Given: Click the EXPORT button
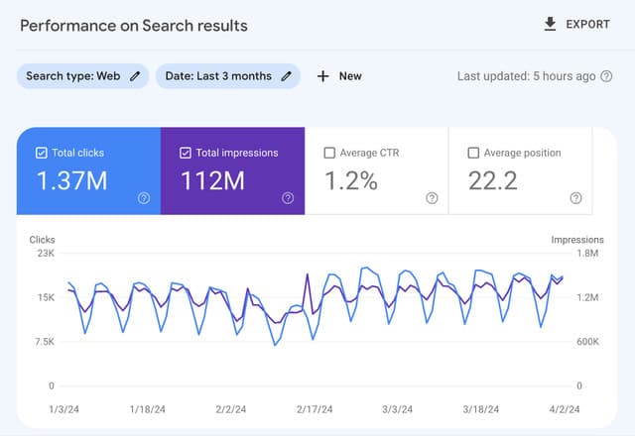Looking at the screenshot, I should [576, 25].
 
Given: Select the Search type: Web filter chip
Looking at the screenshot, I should [83, 76].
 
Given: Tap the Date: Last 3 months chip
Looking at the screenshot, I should [227, 76].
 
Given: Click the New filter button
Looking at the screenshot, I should [339, 76].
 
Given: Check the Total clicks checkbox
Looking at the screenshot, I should [41, 153].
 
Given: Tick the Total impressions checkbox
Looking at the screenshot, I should [187, 153].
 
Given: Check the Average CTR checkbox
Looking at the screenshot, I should [330, 153].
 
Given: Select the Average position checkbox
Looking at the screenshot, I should [473, 153].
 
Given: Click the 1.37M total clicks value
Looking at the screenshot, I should [70, 181].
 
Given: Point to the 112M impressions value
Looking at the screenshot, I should [212, 181].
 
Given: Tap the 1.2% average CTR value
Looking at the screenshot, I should [351, 181].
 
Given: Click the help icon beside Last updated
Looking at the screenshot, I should [606, 76].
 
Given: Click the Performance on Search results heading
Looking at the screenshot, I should [134, 25].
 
